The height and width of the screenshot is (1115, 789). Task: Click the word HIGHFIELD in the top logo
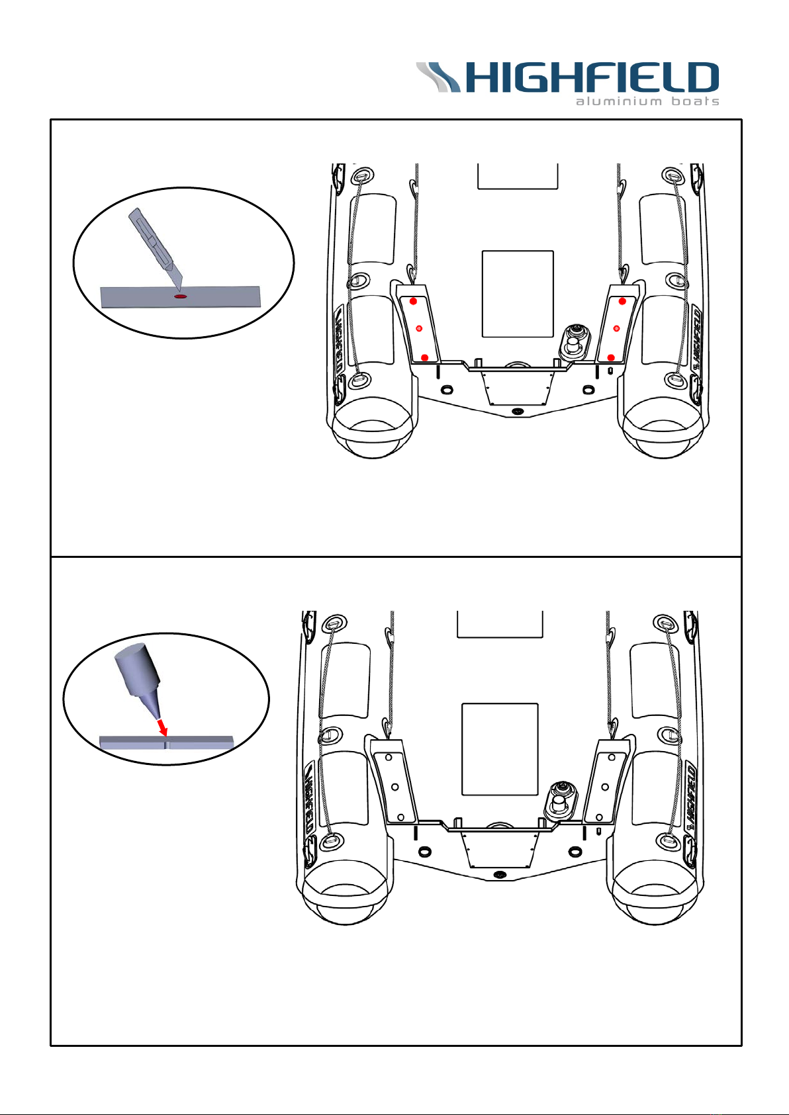click(592, 77)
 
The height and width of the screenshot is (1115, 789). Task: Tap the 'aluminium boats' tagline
click(647, 101)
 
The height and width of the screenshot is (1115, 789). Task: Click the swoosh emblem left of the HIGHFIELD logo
click(438, 76)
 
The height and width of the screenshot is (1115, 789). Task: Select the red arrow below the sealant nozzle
click(162, 727)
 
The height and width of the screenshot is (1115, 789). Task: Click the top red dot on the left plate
click(413, 301)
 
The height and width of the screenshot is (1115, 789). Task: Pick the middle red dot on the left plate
click(418, 328)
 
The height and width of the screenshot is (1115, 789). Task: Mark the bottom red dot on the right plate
click(611, 357)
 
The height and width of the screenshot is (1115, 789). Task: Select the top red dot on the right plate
click(622, 301)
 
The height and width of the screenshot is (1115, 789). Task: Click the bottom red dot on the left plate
click(424, 357)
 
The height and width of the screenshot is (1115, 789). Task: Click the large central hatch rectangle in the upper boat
click(518, 293)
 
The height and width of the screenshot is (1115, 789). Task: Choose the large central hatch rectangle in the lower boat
click(499, 748)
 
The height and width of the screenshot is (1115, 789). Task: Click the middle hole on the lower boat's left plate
click(394, 787)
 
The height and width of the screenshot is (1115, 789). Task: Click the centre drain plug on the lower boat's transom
click(500, 874)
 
